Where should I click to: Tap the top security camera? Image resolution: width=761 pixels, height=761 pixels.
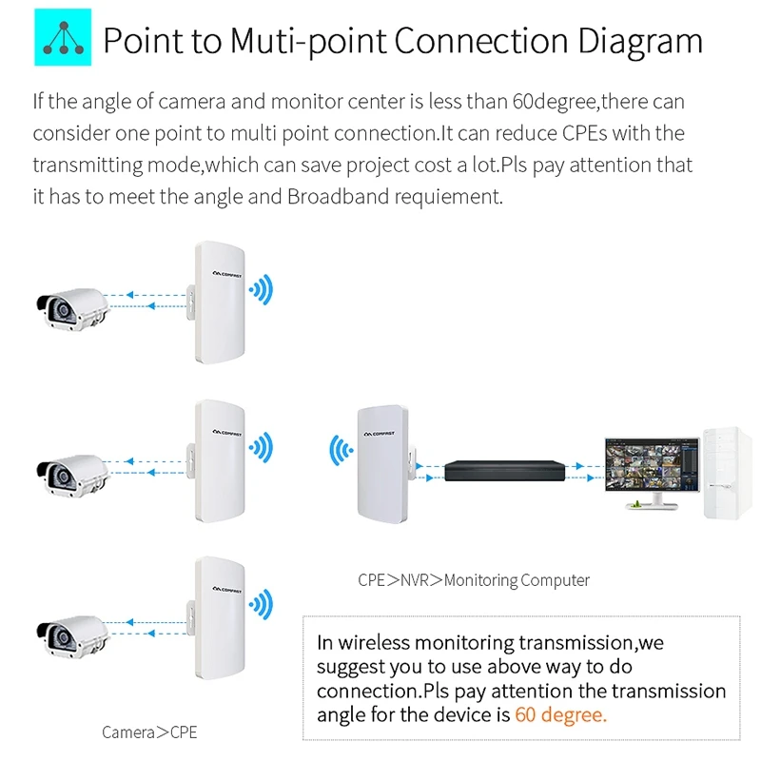click(76, 306)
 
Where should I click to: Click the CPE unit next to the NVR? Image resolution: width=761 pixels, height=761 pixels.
click(382, 462)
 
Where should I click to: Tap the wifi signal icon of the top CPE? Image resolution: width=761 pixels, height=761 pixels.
click(260, 289)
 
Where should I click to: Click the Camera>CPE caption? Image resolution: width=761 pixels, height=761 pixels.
click(149, 732)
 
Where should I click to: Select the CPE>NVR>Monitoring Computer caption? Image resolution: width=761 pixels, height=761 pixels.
click(473, 579)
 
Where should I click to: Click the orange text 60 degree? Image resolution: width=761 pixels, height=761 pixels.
click(559, 714)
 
